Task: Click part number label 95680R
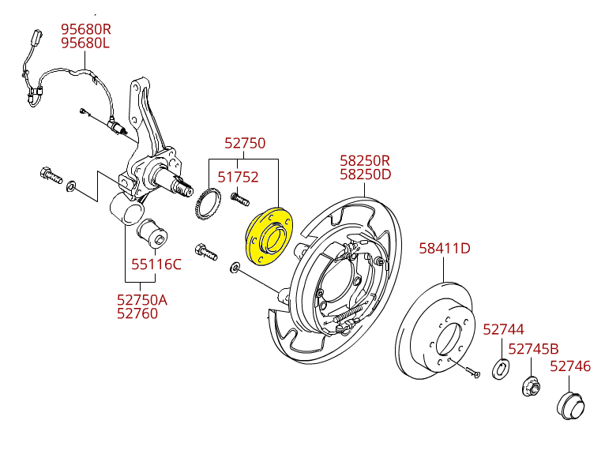[x=86, y=29]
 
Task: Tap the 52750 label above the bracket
[x=245, y=144]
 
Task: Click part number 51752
[x=239, y=178]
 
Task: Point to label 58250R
[x=365, y=160]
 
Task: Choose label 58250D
[x=365, y=174]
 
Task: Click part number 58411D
[x=444, y=249]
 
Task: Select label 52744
[x=503, y=329]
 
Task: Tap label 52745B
[x=533, y=349]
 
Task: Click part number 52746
[x=570, y=366]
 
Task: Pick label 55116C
[x=156, y=265]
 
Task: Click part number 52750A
[x=142, y=300]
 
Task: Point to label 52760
[x=137, y=313]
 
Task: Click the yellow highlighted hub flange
[x=269, y=236]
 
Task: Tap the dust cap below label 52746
[x=571, y=405]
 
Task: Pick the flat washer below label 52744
[x=501, y=369]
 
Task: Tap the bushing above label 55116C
[x=153, y=232]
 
